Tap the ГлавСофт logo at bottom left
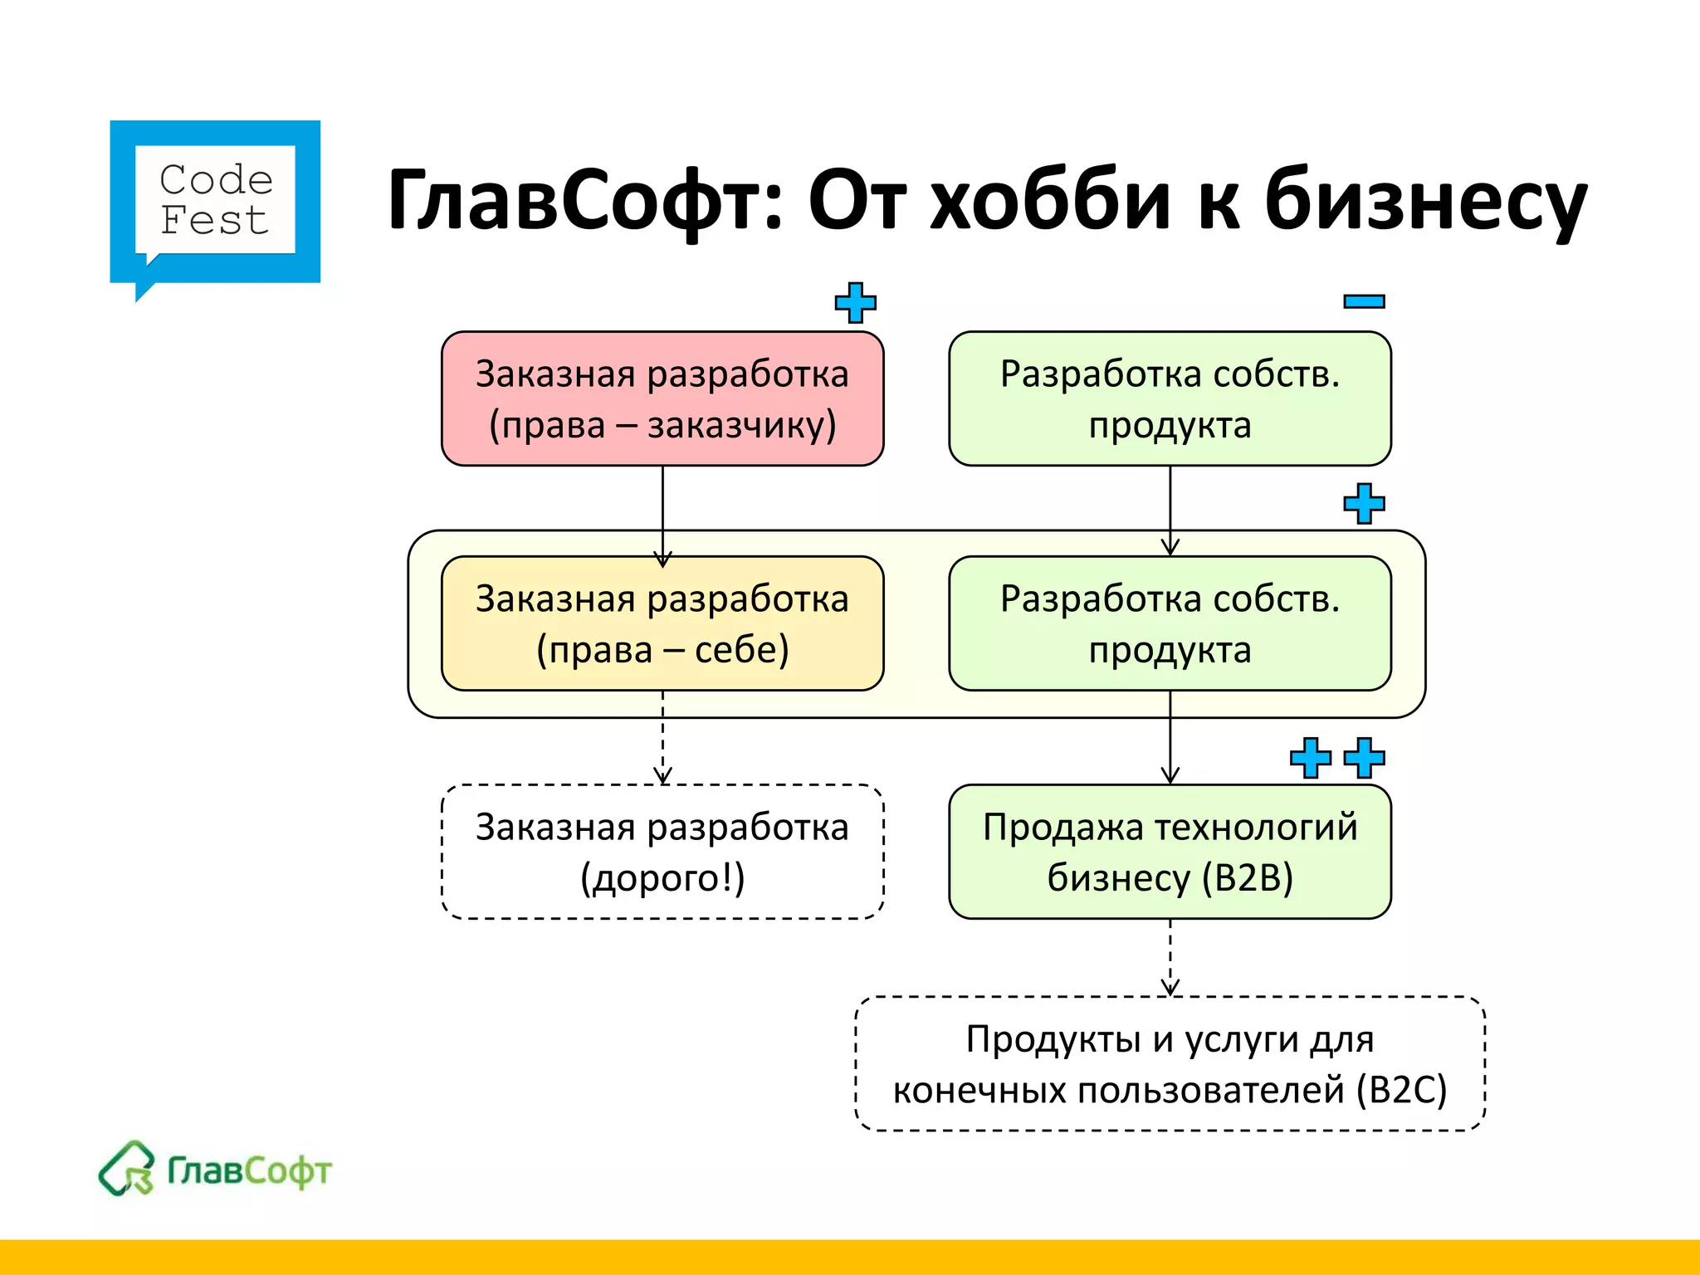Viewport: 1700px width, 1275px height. [215, 1170]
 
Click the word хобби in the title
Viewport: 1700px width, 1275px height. [1049, 202]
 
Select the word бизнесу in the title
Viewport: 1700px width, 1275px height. [1424, 202]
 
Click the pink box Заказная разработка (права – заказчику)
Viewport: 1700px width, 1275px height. [662, 398]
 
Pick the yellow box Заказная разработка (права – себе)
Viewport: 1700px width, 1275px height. [662, 623]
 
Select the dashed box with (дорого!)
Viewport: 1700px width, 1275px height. [662, 852]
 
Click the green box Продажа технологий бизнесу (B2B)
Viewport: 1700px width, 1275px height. [1170, 852]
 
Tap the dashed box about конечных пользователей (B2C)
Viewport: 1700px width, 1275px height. [1170, 1063]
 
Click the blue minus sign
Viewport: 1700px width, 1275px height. [1364, 301]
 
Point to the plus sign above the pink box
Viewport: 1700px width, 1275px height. [855, 302]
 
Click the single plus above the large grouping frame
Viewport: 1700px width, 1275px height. [1364, 504]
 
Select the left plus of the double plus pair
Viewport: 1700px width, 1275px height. [1310, 758]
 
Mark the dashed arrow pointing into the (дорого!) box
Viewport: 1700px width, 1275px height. [662, 739]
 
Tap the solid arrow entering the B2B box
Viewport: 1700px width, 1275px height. [1170, 739]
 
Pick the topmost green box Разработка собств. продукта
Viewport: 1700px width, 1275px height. [1170, 398]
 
